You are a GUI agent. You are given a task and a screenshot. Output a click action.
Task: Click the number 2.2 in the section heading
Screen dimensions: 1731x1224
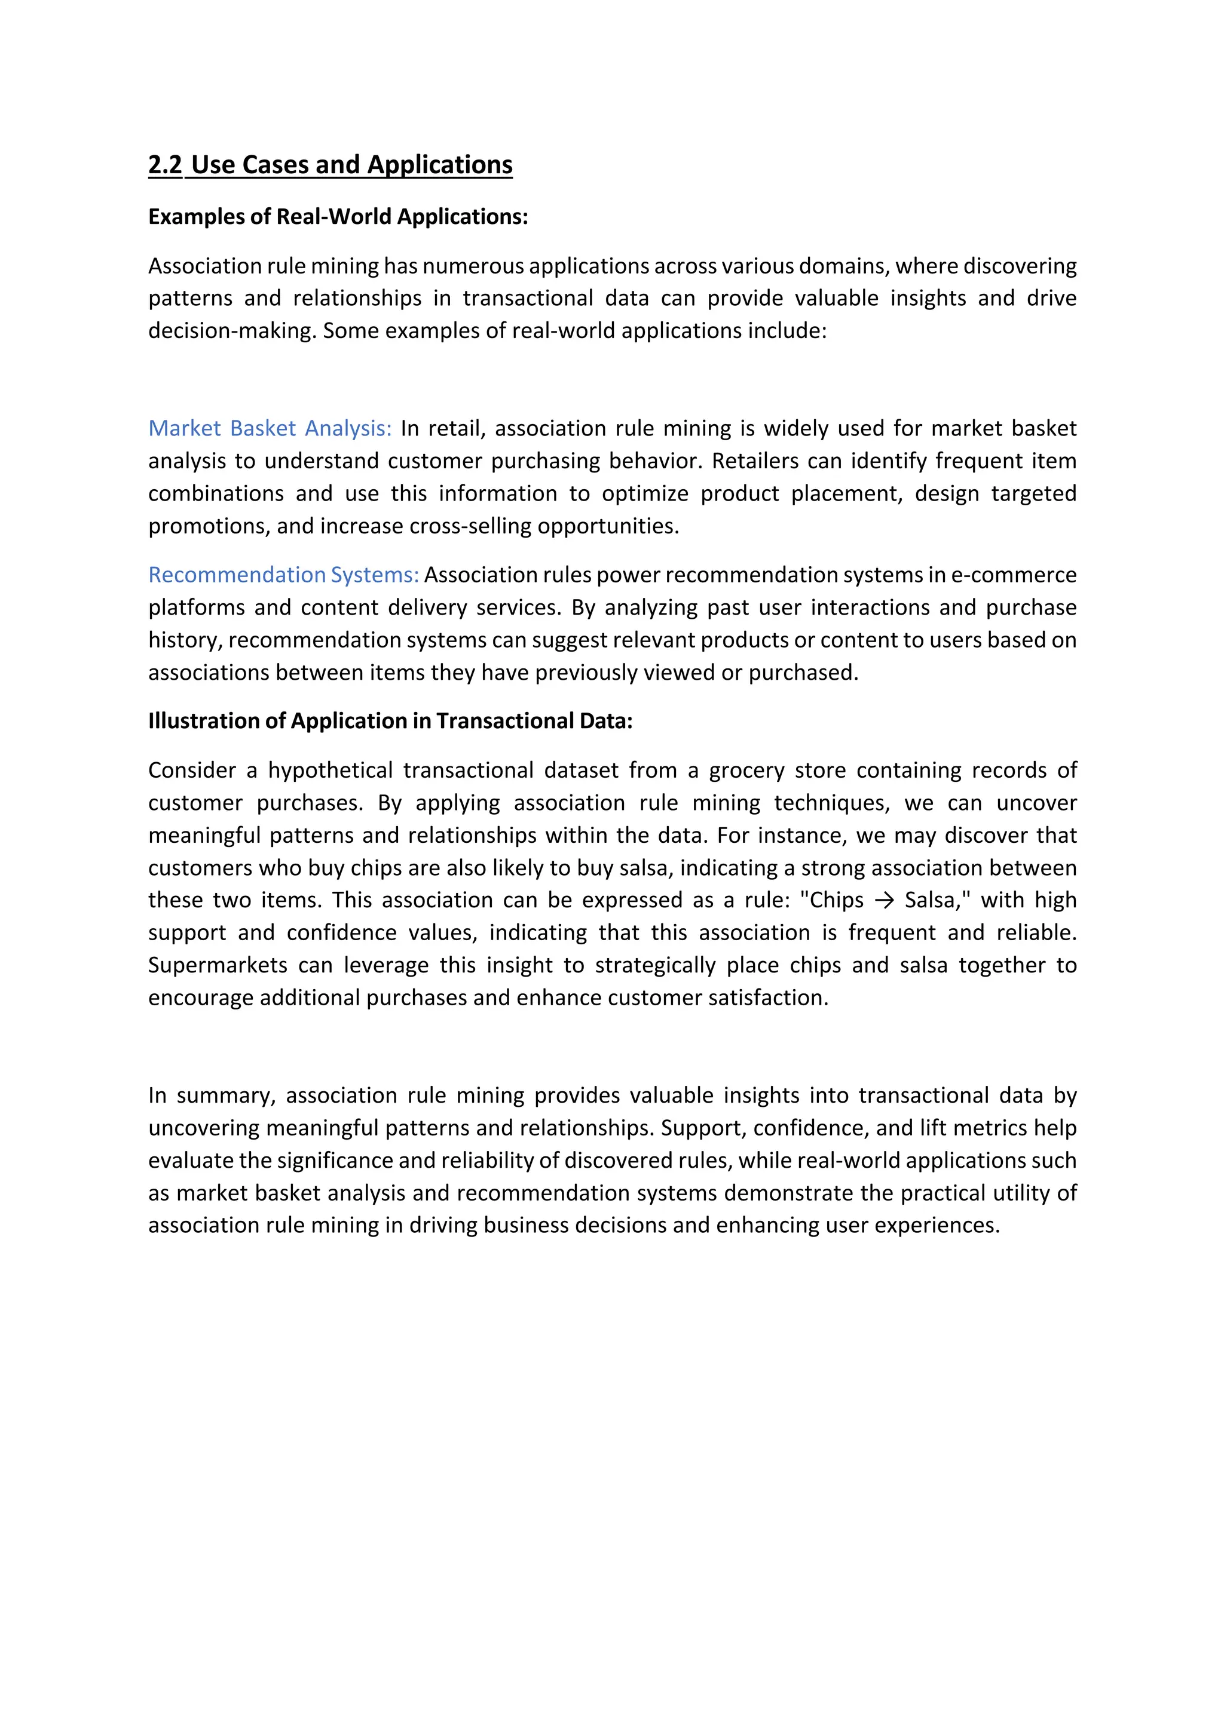point(165,164)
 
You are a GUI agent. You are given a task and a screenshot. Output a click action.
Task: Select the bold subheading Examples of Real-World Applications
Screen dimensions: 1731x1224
point(338,217)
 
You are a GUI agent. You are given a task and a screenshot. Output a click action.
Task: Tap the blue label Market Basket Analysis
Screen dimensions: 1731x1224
point(270,428)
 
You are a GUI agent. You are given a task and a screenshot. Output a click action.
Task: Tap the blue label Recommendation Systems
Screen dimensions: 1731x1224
point(283,575)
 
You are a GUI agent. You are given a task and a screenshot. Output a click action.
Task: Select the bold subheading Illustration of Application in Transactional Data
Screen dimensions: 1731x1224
point(390,721)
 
